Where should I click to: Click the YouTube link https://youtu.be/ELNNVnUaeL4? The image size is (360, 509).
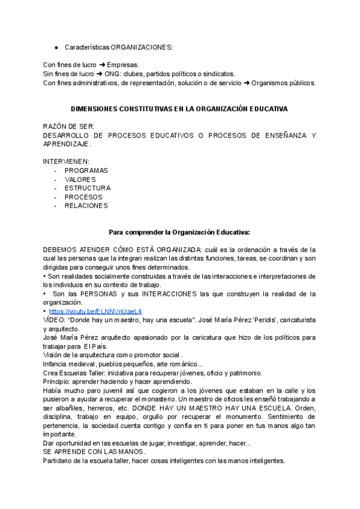coord(95,312)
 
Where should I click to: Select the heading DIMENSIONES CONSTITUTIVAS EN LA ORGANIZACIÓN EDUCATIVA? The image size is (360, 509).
coord(179,109)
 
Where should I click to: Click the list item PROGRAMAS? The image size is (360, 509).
coord(86,170)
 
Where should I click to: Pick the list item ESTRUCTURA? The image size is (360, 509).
coord(88,188)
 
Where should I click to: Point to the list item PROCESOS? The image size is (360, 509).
coord(83,197)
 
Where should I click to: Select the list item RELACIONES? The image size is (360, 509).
coord(86,205)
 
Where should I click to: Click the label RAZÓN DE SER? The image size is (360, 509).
coord(68,127)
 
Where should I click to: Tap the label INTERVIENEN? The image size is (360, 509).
coord(66,161)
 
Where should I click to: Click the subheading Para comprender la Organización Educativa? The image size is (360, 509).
coord(179,232)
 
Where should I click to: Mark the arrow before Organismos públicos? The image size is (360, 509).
coord(247,83)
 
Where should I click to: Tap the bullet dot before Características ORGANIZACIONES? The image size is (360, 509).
coord(56,47)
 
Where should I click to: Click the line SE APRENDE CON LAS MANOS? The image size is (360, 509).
coord(94,451)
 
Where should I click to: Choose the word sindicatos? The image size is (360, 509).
coord(220,74)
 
